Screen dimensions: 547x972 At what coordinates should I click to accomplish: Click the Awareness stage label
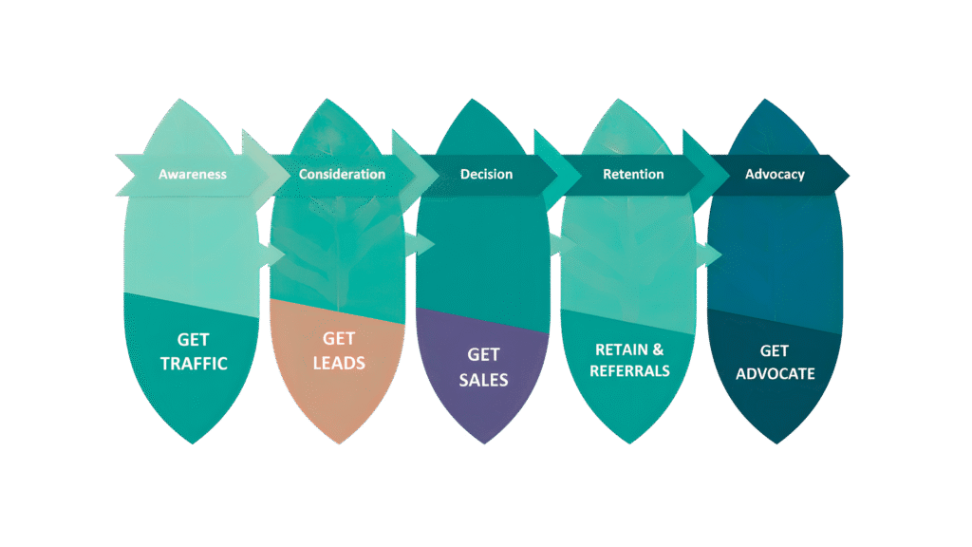tap(193, 175)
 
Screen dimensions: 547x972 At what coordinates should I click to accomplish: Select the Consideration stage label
tap(342, 175)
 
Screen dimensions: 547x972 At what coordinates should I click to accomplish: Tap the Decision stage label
tap(486, 175)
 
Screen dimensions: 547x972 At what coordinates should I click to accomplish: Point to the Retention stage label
tap(633, 175)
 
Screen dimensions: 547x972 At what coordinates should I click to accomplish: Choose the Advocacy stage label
tap(775, 175)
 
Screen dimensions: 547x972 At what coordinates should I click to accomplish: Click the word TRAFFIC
tap(194, 364)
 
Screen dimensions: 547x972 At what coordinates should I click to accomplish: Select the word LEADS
tap(339, 364)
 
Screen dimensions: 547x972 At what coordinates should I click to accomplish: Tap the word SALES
tap(484, 380)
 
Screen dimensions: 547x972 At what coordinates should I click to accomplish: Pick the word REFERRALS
tap(629, 371)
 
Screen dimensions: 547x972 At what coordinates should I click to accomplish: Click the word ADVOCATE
tap(775, 374)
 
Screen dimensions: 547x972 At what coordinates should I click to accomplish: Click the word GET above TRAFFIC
tap(194, 340)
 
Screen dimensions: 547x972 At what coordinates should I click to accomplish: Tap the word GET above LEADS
tap(339, 339)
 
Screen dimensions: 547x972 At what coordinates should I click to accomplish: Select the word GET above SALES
tap(484, 355)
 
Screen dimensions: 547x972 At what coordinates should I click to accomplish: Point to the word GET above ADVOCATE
tap(775, 351)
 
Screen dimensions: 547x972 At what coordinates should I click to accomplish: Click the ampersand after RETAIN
tap(658, 349)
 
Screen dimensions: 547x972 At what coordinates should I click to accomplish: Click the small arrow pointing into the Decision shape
tap(420, 244)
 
